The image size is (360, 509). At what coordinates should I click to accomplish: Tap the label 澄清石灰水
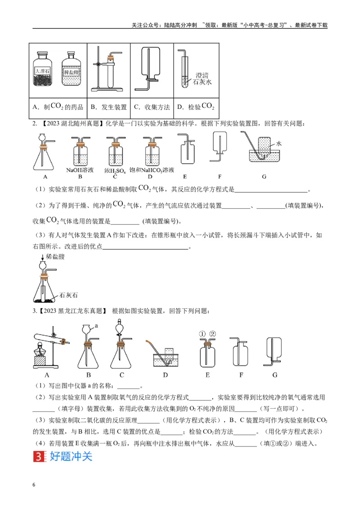(x=202, y=79)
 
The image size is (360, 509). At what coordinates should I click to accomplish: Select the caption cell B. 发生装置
(x=108, y=107)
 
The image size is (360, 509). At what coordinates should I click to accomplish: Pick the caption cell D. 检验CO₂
(x=196, y=107)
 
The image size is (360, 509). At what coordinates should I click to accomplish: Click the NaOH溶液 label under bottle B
(x=80, y=170)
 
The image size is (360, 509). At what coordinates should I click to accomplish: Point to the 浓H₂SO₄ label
(x=115, y=170)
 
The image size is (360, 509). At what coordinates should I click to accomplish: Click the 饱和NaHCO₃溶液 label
(x=152, y=170)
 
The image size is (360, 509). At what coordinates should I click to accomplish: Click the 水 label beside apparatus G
(x=279, y=143)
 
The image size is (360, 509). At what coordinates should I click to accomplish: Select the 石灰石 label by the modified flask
(x=68, y=295)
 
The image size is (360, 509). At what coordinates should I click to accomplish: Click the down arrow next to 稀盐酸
(x=43, y=257)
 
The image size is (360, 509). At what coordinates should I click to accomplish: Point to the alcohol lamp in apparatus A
(x=40, y=350)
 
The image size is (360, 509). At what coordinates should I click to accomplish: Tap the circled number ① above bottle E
(x=202, y=334)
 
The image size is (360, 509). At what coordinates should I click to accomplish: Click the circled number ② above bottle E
(x=212, y=334)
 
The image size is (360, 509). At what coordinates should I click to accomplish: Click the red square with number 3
(x=40, y=456)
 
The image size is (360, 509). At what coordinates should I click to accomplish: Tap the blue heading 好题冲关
(x=71, y=456)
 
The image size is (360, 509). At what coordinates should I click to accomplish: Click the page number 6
(x=34, y=485)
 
